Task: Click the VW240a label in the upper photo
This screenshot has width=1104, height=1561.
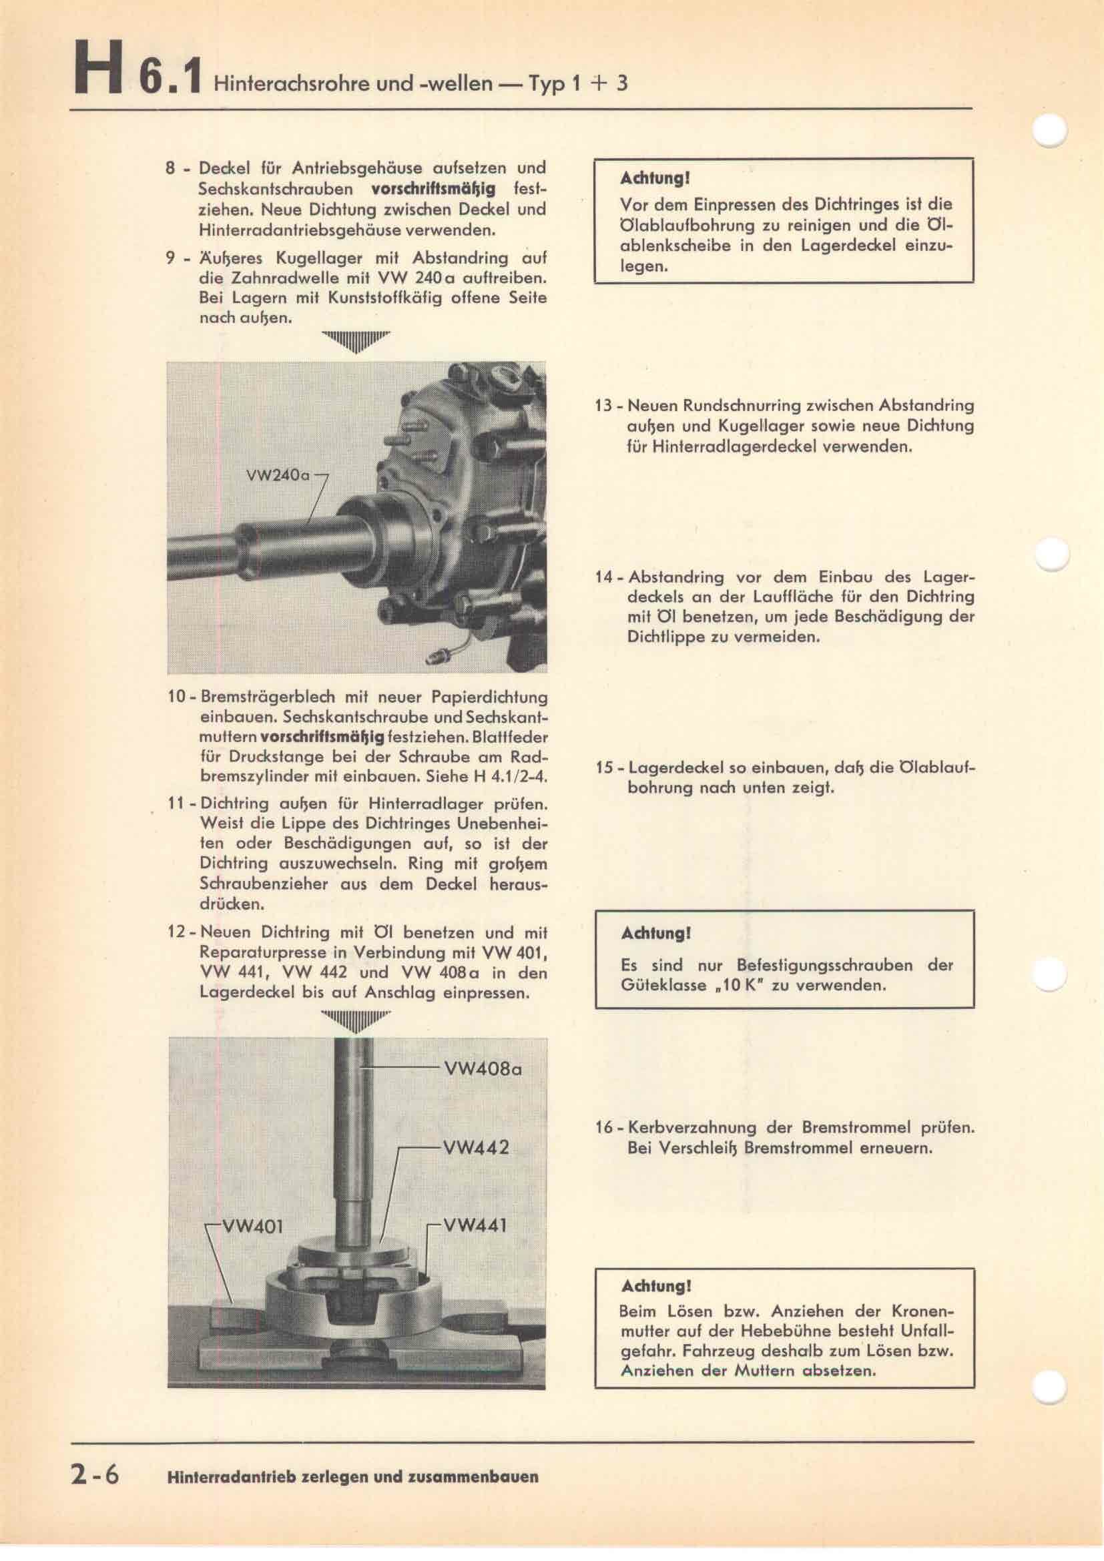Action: click(x=278, y=475)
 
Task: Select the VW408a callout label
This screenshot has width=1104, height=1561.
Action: click(x=482, y=1069)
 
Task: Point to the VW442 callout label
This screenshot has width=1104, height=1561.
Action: click(x=476, y=1148)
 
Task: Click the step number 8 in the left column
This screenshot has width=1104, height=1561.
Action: click(x=172, y=168)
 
